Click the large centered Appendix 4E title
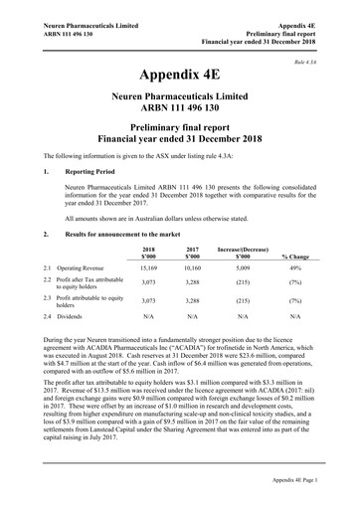tap(180, 75)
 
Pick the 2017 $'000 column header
tap(193, 253)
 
